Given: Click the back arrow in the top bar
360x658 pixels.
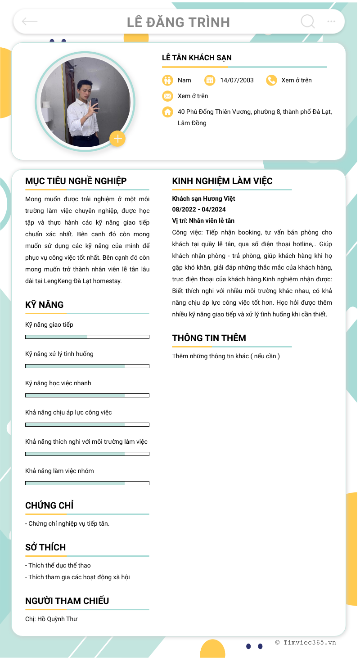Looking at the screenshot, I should point(30,21).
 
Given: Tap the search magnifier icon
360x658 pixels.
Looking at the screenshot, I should point(308,21).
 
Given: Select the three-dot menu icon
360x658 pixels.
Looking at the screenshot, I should point(331,21).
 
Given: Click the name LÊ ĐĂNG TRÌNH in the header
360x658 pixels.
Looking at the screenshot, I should point(178,22).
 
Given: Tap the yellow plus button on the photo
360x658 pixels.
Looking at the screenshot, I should point(117,139).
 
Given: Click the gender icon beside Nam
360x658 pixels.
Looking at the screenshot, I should point(167,80).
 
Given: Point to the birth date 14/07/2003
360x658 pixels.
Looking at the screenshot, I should point(237,80).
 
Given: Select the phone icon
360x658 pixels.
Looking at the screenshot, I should point(271,80).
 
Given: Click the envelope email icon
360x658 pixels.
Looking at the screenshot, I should point(167,96).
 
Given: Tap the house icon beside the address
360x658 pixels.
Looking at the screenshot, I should point(167,112).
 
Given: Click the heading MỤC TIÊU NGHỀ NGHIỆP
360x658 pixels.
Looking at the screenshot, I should point(76,181).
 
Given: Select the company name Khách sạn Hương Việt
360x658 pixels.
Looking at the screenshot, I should point(203,198).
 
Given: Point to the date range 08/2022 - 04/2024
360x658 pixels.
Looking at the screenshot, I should point(199,209).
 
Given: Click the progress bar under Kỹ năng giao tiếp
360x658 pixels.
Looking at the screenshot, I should point(87,337).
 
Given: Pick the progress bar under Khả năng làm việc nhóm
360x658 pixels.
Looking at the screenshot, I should point(87,483).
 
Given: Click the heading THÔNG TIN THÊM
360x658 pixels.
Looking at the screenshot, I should point(209,338).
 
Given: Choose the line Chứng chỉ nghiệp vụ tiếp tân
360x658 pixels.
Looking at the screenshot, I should point(67,523).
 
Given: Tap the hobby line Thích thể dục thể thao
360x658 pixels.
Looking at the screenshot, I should point(58,565).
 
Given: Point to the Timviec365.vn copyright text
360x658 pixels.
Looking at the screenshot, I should point(306,643).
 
